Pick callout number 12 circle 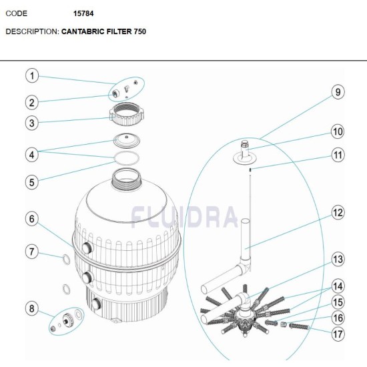tap(338, 214)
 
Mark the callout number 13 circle tap(338, 259)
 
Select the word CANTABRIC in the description tap(84, 31)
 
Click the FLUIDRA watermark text tap(184, 216)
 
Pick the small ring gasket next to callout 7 tap(65, 258)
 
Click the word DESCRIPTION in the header tap(31, 31)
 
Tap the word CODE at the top tap(16, 13)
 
